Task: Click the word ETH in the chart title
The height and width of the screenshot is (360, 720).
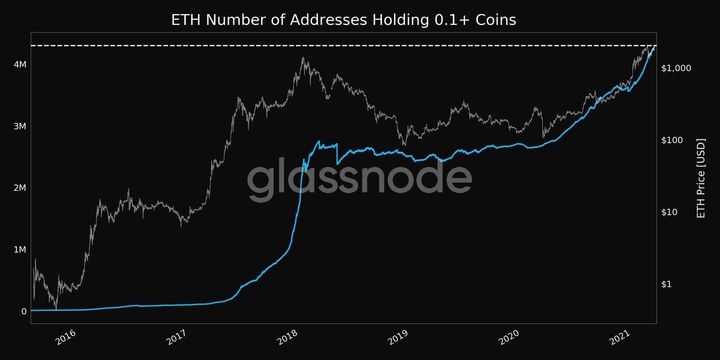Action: point(187,20)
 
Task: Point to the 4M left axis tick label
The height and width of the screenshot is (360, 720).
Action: point(19,64)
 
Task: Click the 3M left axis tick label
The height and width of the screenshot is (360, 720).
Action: point(19,126)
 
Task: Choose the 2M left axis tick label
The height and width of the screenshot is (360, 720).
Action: point(19,188)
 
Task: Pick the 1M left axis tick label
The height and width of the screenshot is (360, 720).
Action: point(19,250)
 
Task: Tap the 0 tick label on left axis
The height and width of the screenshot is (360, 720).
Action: point(24,311)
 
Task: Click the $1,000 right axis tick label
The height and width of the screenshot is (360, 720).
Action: point(676,68)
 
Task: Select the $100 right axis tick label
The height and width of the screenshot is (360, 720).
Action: point(673,140)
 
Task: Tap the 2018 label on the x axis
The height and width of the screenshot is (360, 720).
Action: point(287,338)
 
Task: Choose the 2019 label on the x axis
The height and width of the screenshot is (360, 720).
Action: point(398,338)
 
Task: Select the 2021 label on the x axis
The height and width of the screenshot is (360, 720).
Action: point(621,338)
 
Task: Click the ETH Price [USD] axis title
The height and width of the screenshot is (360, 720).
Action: point(701,178)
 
